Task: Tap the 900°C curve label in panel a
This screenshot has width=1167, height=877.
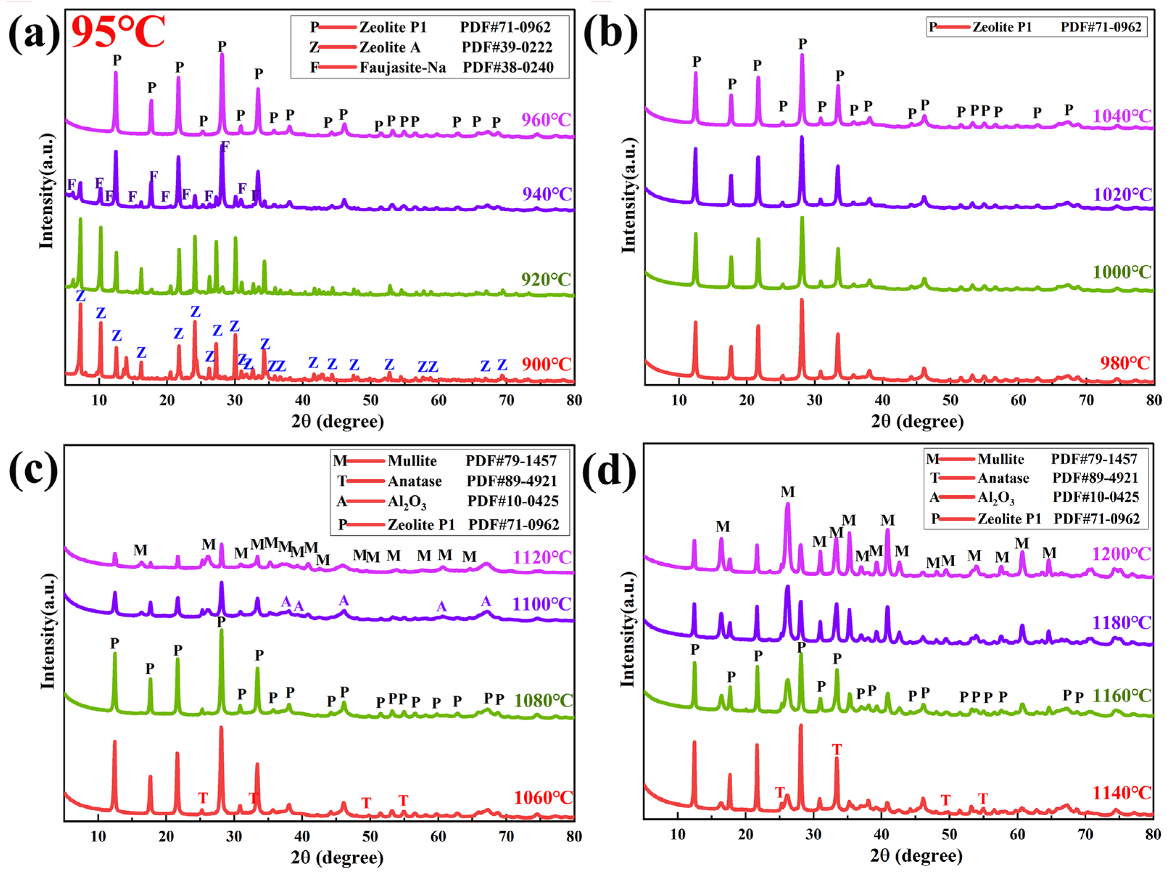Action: pyautogui.click(x=546, y=364)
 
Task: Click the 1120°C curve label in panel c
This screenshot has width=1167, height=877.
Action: pyautogui.click(x=542, y=557)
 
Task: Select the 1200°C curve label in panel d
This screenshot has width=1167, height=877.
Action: pyautogui.click(x=1121, y=554)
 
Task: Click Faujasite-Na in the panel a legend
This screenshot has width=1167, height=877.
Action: pyautogui.click(x=402, y=67)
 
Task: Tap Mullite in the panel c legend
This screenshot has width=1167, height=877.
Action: pyautogui.click(x=412, y=461)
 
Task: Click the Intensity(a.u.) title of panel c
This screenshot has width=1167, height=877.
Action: pyautogui.click(x=48, y=631)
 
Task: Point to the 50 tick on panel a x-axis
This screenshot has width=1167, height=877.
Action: pyautogui.click(x=371, y=401)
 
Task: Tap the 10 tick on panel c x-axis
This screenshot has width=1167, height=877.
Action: pyautogui.click(x=98, y=836)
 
